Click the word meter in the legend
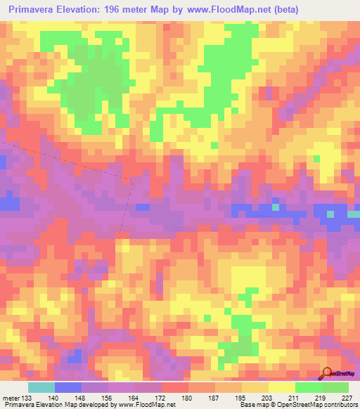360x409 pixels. pos(11,396)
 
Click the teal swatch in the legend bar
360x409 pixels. pos(41,387)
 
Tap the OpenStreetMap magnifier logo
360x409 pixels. pos(327,372)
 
